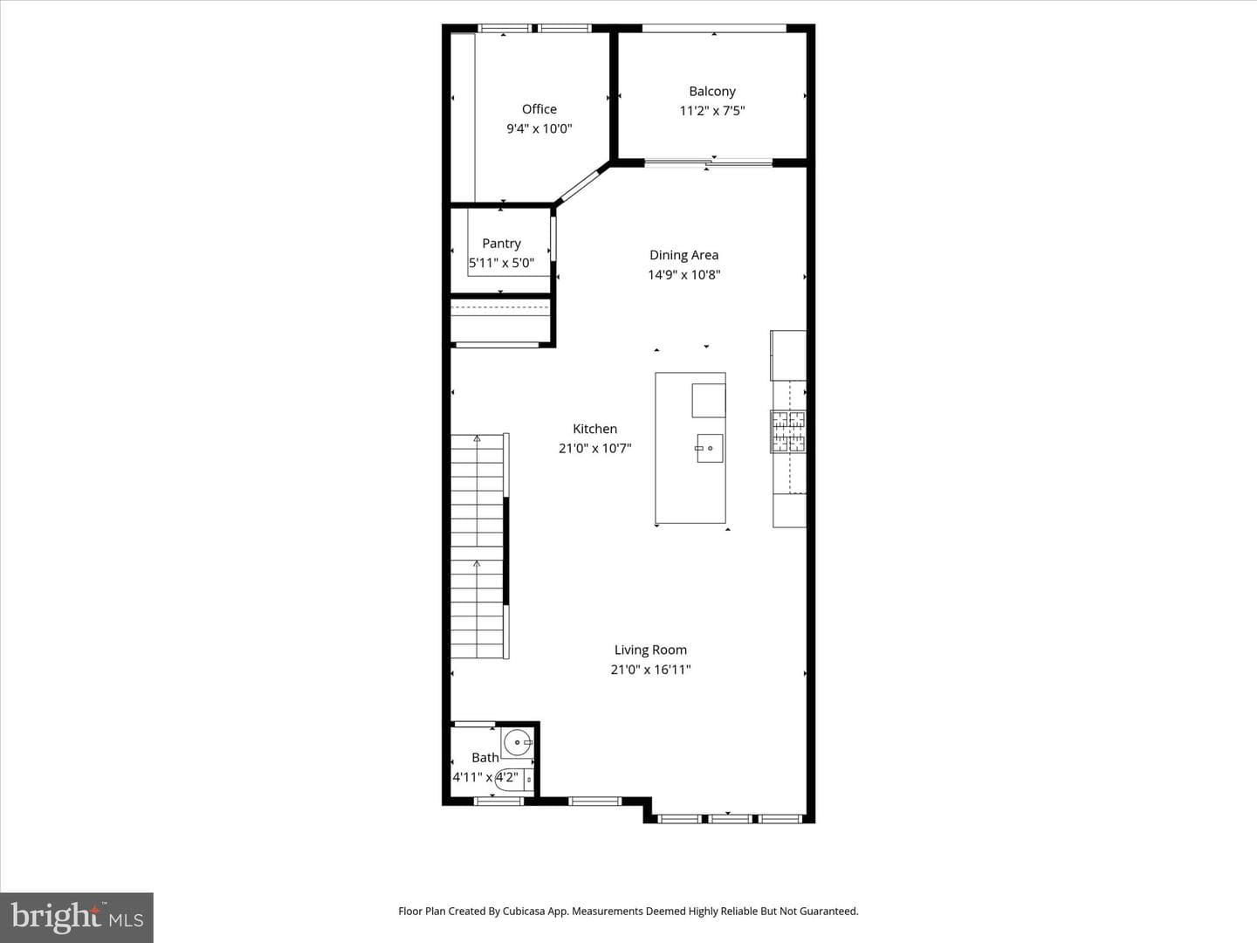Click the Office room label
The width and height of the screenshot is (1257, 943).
(x=539, y=109)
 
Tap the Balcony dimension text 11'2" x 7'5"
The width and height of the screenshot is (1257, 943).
(x=711, y=111)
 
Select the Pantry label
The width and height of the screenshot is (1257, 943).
(x=501, y=244)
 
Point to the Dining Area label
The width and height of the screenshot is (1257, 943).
(x=683, y=255)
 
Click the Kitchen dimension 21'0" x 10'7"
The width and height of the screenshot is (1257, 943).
(x=595, y=448)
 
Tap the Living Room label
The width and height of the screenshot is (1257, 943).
(x=650, y=650)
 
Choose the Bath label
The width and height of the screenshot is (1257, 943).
(x=485, y=758)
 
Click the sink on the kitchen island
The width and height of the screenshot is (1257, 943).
(x=709, y=448)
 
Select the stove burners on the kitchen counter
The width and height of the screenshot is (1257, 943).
(x=789, y=431)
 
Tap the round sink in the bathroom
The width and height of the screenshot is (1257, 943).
(x=518, y=742)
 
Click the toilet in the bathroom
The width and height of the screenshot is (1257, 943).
(x=513, y=779)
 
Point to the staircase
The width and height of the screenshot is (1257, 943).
(x=477, y=547)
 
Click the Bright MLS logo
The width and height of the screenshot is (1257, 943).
(x=77, y=917)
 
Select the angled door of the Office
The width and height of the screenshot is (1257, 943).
(x=583, y=183)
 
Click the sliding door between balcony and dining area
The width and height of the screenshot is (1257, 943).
(x=709, y=163)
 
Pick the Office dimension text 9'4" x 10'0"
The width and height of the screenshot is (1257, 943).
(x=539, y=128)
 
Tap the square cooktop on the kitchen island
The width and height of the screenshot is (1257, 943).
(x=709, y=401)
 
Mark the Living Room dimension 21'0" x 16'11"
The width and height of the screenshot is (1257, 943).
(x=650, y=670)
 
